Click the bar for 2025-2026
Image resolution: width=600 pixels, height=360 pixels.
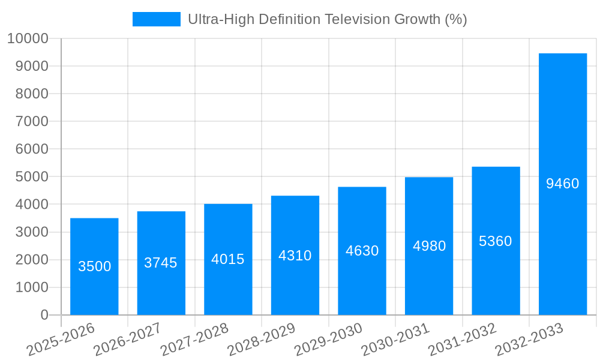94,240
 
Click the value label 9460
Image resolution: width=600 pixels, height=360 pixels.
562,184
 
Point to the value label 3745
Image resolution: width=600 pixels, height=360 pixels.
161,263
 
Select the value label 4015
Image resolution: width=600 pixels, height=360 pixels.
228,259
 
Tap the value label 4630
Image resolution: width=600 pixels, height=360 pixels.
362,251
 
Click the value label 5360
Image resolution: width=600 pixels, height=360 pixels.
496,241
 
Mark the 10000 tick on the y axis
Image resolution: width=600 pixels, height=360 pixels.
27,38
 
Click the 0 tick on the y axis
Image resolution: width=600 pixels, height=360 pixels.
44,315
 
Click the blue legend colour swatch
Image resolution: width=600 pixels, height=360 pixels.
156,19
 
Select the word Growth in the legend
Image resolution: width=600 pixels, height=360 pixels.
417,19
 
